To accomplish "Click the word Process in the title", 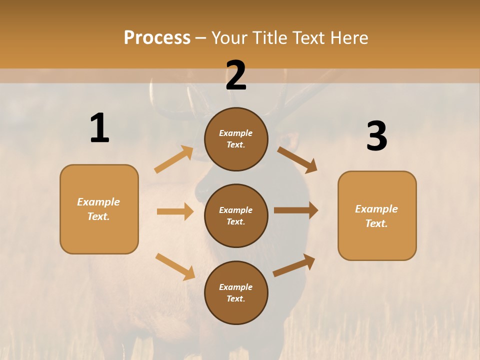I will coord(157,38).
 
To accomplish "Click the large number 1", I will coord(99,128).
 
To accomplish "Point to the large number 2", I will coord(236,75).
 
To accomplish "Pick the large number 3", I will coord(376,136).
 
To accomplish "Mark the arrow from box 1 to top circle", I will coord(174,159).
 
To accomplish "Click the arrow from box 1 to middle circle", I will coord(175,211).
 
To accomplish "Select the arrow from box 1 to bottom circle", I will coord(175,266).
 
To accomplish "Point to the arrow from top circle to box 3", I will coord(297,160).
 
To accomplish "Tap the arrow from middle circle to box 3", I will coord(296,210).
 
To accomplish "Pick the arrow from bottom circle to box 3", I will coord(294,265).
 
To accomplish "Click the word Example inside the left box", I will coord(98,202).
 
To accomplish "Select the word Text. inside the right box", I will coord(376,223).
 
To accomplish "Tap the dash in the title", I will coord(201,38).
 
